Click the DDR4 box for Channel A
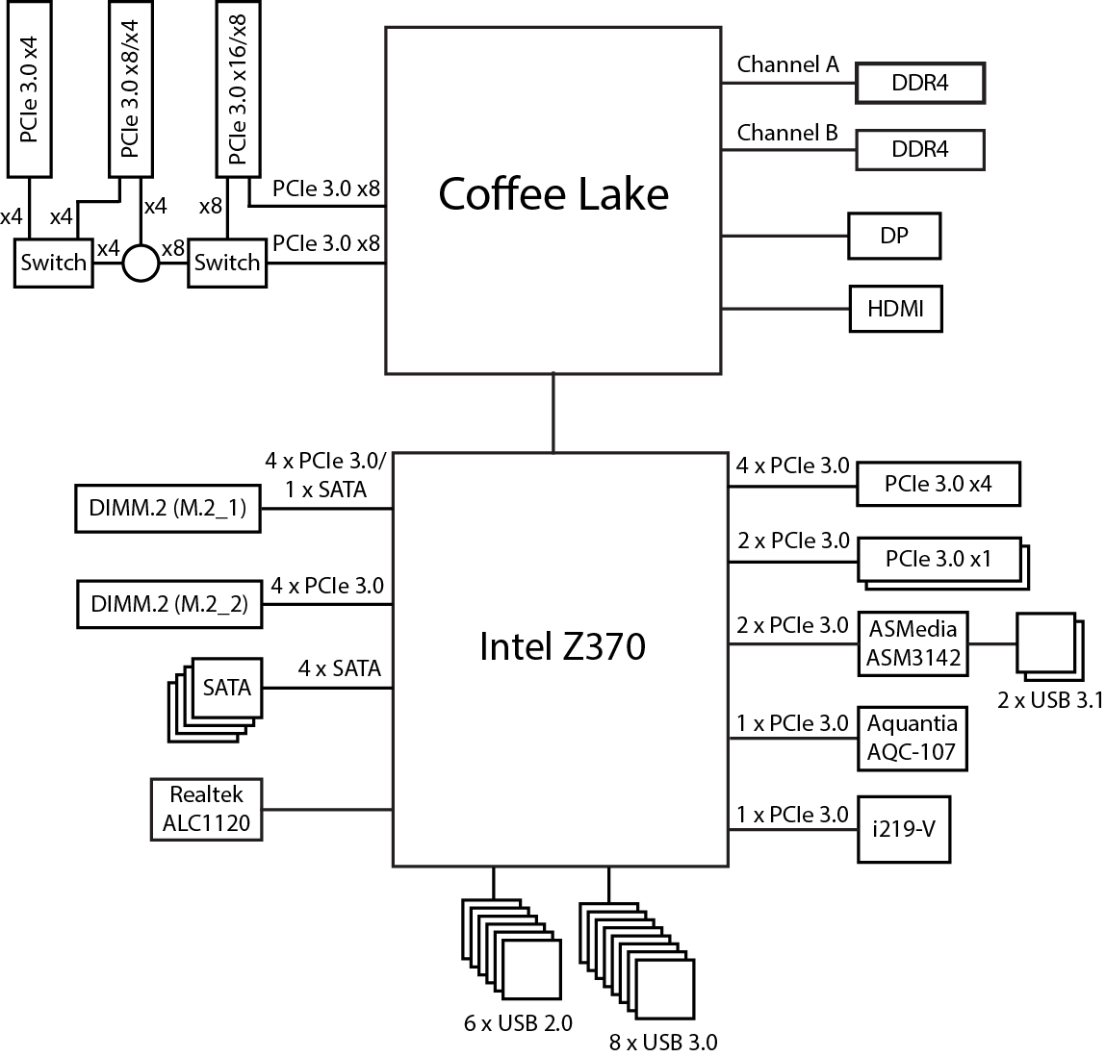click(x=919, y=84)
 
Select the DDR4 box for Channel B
click(x=919, y=150)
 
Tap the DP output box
click(x=893, y=236)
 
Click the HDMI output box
click(x=894, y=309)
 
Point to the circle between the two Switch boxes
click(x=140, y=263)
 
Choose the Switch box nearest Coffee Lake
click(x=227, y=263)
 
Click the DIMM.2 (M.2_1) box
click(x=167, y=509)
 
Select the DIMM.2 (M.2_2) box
click(x=168, y=604)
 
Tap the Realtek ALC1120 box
click(x=206, y=809)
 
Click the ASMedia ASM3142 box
click(x=913, y=643)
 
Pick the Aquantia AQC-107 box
click(x=912, y=738)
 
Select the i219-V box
click(x=903, y=828)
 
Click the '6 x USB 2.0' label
click(x=518, y=1022)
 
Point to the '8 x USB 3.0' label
click(x=662, y=1042)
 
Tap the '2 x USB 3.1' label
click(x=1049, y=700)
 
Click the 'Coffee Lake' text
click(x=553, y=194)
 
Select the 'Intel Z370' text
click(x=562, y=646)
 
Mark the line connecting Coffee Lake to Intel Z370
click(x=553, y=413)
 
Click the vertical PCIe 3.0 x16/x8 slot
click(x=238, y=92)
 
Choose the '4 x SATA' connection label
click(x=339, y=667)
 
